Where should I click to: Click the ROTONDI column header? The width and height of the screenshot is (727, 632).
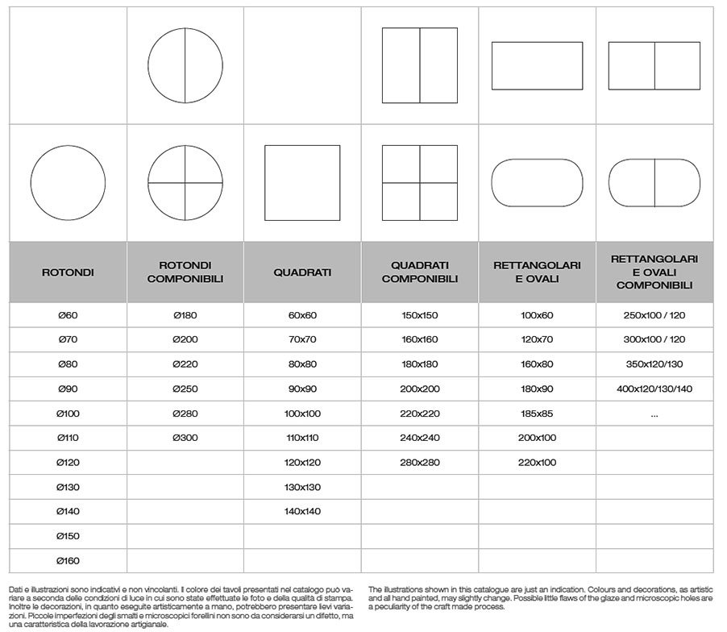click(x=68, y=272)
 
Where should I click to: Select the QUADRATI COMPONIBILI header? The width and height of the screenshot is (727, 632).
click(x=420, y=272)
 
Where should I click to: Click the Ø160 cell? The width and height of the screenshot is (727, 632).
click(x=68, y=560)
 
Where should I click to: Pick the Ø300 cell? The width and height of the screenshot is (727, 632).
click(x=185, y=438)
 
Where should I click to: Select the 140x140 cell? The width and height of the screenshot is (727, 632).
click(x=302, y=511)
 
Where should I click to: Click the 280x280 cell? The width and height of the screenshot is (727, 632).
click(x=420, y=462)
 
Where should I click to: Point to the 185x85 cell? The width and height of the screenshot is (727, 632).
click(x=538, y=414)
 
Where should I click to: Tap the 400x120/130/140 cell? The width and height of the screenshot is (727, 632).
click(x=654, y=389)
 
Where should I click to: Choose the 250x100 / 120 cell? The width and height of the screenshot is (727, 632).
click(x=654, y=315)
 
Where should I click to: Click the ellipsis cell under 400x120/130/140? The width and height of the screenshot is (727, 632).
click(x=654, y=414)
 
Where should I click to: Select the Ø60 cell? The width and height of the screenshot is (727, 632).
click(x=68, y=315)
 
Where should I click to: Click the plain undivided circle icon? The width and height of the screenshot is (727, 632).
click(x=68, y=182)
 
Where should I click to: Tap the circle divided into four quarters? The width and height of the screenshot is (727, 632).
click(x=185, y=182)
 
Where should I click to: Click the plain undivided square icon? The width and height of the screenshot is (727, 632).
click(x=302, y=182)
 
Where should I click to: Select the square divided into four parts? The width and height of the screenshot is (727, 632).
click(x=420, y=182)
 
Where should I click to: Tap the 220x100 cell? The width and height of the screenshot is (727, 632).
click(x=538, y=462)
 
